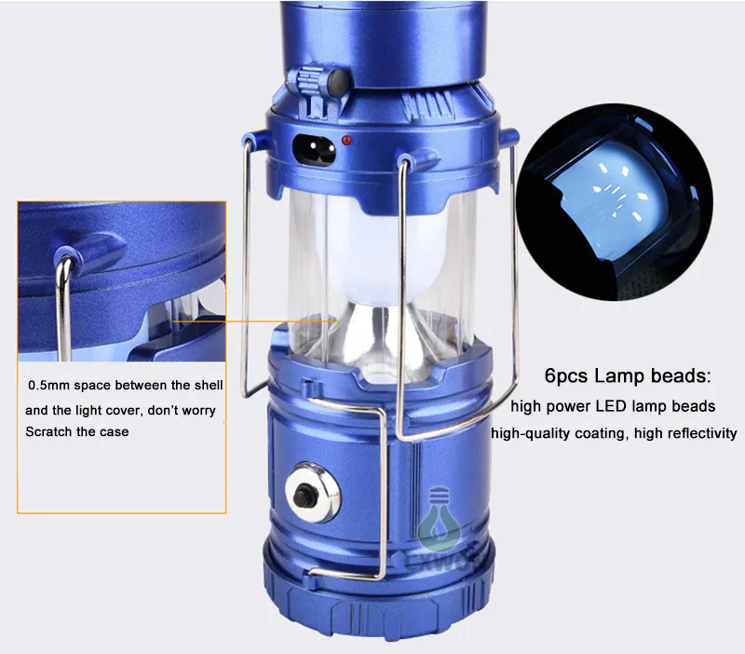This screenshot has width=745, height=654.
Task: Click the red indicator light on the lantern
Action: point(347,140)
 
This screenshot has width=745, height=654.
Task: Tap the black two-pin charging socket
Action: point(314,149)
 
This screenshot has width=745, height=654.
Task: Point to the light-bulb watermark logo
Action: point(439,517)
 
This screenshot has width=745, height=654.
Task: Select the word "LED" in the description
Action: point(614,406)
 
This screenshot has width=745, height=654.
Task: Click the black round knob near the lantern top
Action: point(339,79)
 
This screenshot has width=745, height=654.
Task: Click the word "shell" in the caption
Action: point(208,385)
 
